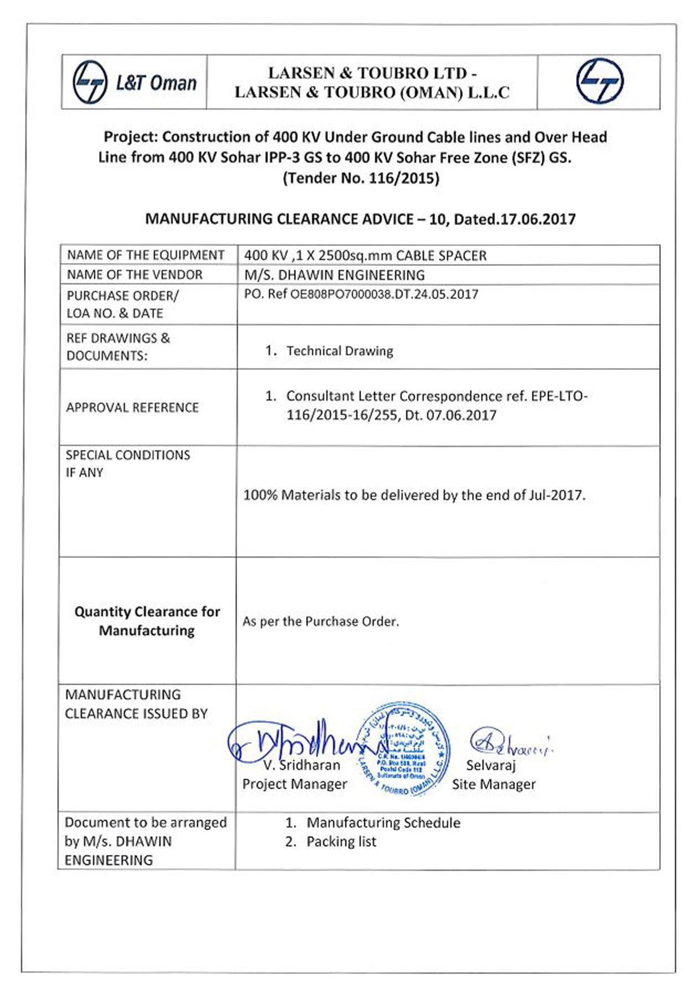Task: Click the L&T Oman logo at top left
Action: (134, 82)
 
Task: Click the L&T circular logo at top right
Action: (599, 81)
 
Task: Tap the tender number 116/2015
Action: (404, 178)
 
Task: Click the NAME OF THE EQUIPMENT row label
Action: (146, 255)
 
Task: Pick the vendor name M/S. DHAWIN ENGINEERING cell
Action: (334, 275)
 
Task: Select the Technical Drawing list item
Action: (339, 351)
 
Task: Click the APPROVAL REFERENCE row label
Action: (132, 407)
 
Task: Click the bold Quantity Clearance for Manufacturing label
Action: (147, 621)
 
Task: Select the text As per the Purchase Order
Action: (321, 621)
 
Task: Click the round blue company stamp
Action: (403, 749)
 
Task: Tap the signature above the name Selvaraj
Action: (510, 742)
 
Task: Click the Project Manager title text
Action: (295, 784)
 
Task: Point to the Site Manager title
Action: (493, 784)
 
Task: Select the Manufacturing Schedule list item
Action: (383, 823)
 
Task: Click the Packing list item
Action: (341, 841)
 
